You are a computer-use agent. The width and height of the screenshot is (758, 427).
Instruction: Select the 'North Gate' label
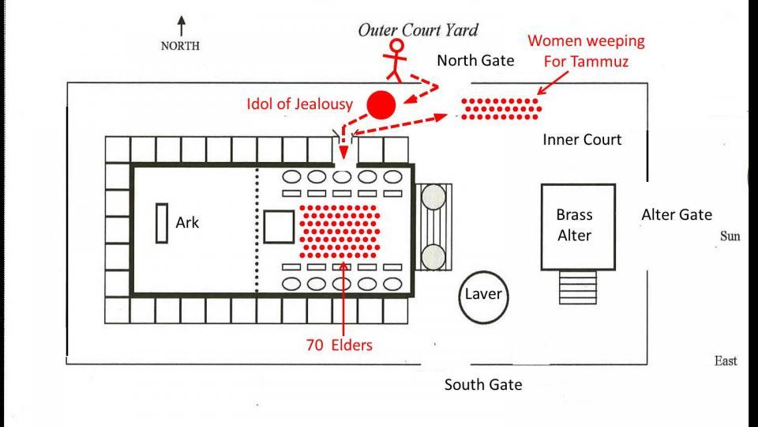click(475, 60)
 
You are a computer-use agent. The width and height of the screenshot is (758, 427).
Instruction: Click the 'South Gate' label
click(482, 385)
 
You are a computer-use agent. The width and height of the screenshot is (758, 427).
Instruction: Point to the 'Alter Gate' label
click(676, 214)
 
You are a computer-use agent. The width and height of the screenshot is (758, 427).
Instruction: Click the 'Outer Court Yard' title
click(418, 31)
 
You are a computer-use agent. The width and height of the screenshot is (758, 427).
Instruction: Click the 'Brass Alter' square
click(577, 225)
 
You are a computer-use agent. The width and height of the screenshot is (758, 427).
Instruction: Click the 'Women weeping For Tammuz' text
click(586, 51)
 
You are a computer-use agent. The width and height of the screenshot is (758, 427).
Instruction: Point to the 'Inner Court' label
click(582, 140)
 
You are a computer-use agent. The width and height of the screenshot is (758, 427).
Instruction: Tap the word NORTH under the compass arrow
click(180, 46)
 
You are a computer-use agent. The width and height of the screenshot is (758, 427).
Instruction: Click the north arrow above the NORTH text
click(181, 25)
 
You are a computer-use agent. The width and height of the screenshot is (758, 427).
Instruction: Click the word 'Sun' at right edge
click(730, 236)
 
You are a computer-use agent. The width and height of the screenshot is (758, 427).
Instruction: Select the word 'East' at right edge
click(725, 361)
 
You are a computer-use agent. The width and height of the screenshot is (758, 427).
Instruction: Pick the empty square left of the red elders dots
click(277, 226)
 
